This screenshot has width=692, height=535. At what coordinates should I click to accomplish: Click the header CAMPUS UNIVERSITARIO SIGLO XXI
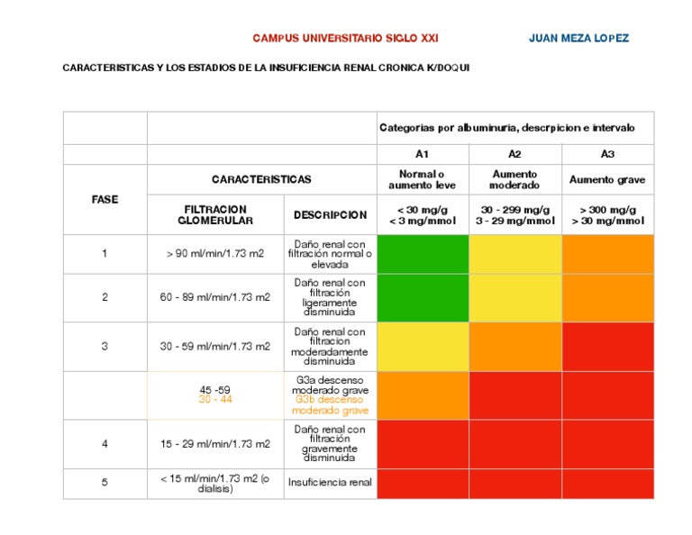pos(345,39)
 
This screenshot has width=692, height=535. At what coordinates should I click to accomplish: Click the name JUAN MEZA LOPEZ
pos(578,39)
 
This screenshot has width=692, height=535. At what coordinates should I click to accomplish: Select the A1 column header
pos(422,154)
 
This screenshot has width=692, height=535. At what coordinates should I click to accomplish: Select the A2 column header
pos(514,154)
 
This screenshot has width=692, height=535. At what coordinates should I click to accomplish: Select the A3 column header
pos(607,154)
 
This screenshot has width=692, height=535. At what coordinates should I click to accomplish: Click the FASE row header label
pos(105,199)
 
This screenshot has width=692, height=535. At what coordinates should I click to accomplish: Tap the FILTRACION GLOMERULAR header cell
pos(215,215)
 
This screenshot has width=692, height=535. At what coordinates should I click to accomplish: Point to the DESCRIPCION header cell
pos(330,215)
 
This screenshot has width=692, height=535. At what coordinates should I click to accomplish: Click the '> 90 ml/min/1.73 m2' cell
pos(215,254)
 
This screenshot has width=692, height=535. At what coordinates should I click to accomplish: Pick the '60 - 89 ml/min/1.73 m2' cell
pos(215,297)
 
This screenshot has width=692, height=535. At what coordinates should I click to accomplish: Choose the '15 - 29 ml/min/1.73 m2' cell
pos(215,444)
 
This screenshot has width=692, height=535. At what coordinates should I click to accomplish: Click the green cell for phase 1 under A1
pos(422,254)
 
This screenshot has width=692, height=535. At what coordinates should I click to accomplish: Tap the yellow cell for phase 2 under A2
pos(514,297)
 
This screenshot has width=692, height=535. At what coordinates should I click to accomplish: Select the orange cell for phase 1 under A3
pos(607,254)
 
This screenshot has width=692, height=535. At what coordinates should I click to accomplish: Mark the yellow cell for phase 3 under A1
pos(422,347)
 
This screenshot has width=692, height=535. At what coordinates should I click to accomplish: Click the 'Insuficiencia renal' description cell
pos(330,483)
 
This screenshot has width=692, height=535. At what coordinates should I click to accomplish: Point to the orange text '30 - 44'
pos(215,400)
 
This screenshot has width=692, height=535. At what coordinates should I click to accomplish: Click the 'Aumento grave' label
pos(607,180)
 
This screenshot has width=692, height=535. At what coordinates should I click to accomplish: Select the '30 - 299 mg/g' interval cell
pos(514,215)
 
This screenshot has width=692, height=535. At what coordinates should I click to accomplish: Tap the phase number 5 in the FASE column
pos(105,483)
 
